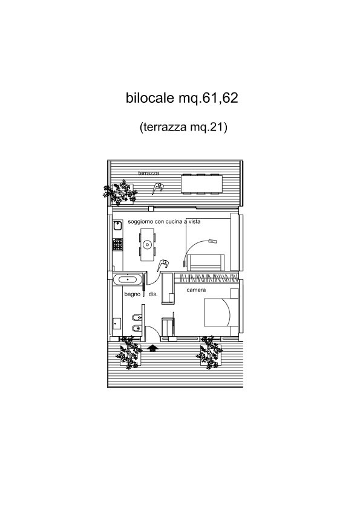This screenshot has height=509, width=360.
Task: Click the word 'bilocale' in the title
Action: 150,98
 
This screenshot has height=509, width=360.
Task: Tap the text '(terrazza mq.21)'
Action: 183,126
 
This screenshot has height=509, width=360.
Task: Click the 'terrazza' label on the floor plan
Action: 148,173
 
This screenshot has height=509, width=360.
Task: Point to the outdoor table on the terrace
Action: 201,184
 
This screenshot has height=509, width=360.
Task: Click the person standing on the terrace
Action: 158,188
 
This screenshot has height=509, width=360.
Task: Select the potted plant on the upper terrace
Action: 120,193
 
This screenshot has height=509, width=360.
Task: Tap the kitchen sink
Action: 117,225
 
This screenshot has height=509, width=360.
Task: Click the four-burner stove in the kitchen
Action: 117,244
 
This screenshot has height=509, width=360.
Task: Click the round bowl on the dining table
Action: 147,244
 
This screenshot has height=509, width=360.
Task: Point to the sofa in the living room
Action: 205,262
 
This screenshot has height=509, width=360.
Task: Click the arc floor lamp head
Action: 212,241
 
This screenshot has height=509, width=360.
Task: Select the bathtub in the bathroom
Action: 128,279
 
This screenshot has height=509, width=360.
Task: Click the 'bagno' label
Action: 133,294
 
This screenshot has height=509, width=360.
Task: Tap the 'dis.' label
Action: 152,294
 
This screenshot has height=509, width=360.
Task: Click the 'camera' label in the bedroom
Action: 196,290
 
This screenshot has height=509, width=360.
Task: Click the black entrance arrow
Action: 152,348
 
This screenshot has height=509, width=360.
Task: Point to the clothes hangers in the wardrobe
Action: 206,278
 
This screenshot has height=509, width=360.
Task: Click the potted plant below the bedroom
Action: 209,353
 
